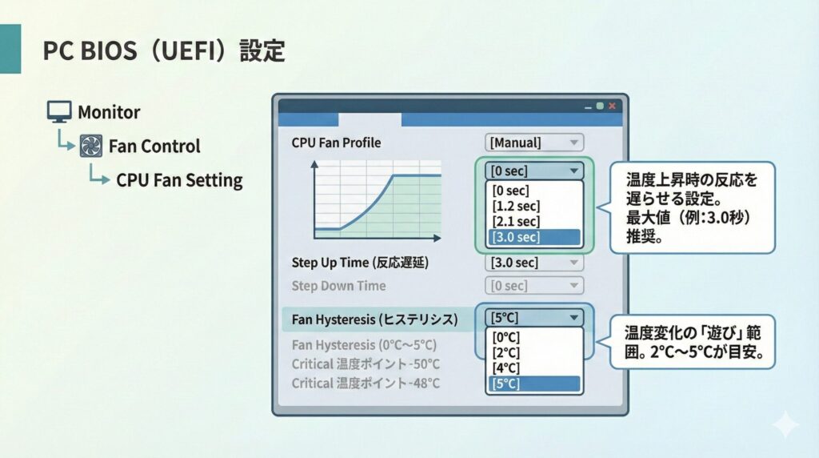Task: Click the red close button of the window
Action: click(x=612, y=106)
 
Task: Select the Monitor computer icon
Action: click(x=59, y=112)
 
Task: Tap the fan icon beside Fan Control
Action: click(x=91, y=146)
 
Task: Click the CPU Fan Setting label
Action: click(x=179, y=179)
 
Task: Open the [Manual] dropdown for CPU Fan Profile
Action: click(x=534, y=143)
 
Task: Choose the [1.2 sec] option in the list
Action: click(x=517, y=207)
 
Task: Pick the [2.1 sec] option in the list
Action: click(x=517, y=222)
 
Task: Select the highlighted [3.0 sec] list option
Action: click(x=534, y=237)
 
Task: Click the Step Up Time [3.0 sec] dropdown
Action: click(x=534, y=263)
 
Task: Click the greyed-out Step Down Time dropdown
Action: click(x=534, y=286)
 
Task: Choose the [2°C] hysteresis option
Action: click(x=507, y=352)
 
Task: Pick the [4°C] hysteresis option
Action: click(x=507, y=368)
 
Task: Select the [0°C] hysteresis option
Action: click(x=507, y=337)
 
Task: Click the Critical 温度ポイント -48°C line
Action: click(x=366, y=383)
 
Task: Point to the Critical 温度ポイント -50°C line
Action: click(x=366, y=364)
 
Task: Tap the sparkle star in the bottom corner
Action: click(x=785, y=424)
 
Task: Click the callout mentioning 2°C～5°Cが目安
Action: click(x=693, y=341)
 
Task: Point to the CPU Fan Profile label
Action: click(x=336, y=143)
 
